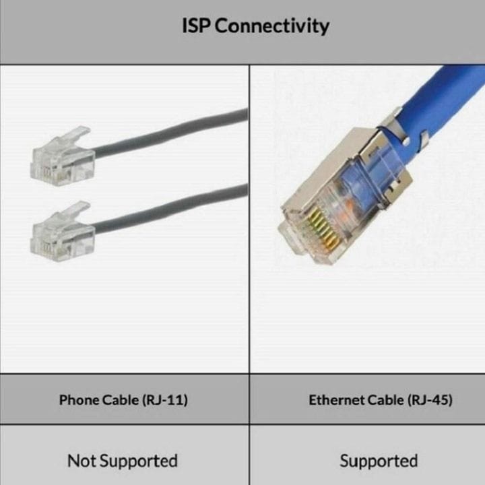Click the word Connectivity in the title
(x=272, y=26)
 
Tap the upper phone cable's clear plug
(x=62, y=156)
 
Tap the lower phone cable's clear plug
(x=62, y=232)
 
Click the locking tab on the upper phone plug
(x=75, y=135)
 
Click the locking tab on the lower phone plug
(x=75, y=210)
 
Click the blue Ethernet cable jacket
(x=439, y=102)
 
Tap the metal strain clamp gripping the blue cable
(x=402, y=127)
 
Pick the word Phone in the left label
(x=79, y=399)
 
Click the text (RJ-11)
(x=165, y=400)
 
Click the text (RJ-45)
(x=430, y=400)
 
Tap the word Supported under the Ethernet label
(x=379, y=461)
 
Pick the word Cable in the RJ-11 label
(x=121, y=399)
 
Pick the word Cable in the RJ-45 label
(x=386, y=399)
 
